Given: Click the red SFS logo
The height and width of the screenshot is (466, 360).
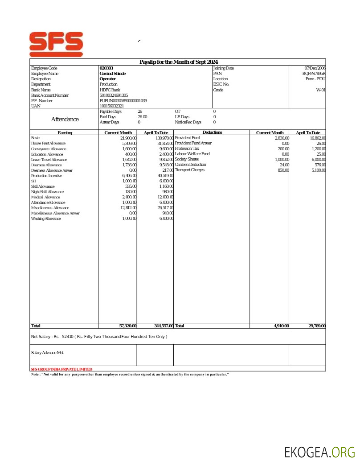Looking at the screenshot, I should pos(56,44).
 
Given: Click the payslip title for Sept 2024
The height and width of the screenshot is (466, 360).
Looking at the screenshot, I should pos(178,62).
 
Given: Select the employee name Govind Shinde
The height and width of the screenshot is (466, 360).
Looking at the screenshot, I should pos(113,74).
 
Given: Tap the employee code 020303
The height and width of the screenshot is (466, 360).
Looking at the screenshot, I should pos(106,68).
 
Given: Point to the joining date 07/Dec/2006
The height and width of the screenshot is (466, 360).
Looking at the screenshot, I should pos(315,68).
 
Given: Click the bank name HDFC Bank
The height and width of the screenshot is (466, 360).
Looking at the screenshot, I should pos(110,90).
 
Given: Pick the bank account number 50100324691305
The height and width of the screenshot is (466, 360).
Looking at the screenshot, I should pos(114,95).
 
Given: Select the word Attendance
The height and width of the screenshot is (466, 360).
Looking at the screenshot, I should pos(65,120).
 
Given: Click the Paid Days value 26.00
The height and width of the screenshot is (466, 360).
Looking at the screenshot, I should pos(142,117).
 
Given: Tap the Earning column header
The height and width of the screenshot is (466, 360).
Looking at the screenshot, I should pos(65,133).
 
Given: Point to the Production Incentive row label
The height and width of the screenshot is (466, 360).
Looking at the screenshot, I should pos(46,176).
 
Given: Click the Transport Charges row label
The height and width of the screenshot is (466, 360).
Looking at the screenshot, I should pos(189,170).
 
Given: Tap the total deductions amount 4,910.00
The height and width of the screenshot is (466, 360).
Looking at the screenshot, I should pos(281,326).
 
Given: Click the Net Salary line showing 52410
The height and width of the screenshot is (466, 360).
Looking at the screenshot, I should pos(99,337).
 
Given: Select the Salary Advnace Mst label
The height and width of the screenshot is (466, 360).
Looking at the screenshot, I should pos(47,353).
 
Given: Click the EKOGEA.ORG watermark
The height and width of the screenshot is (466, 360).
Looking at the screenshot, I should pos(320,453).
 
